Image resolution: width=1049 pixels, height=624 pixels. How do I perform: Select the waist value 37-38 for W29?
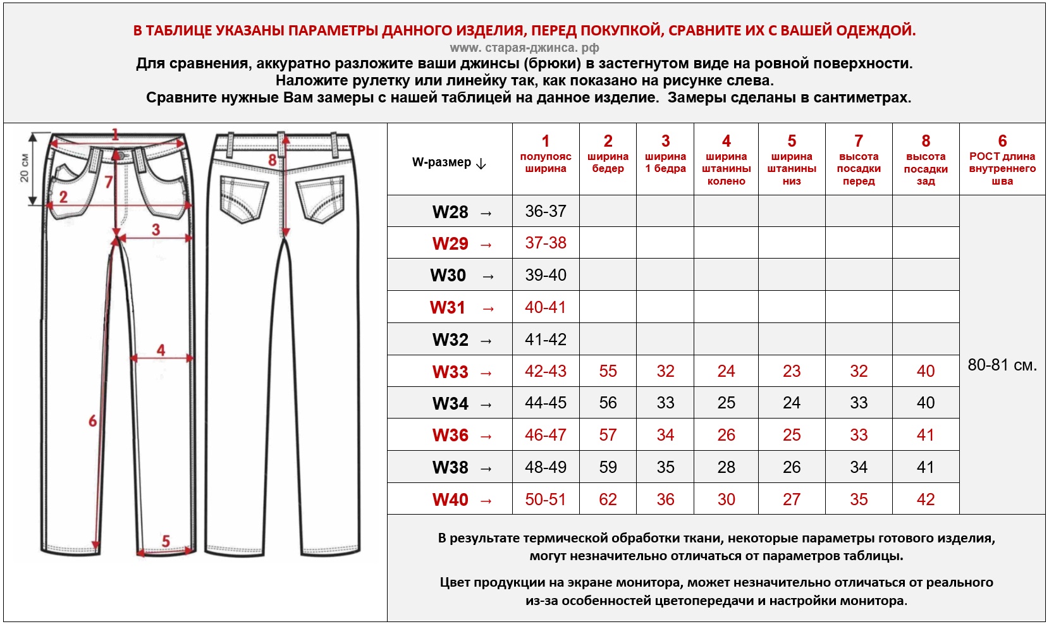pyautogui.click(x=546, y=243)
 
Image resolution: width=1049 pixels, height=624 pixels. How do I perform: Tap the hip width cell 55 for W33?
pyautogui.click(x=608, y=371)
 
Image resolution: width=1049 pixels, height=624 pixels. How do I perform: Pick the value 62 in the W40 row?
pyautogui.click(x=608, y=499)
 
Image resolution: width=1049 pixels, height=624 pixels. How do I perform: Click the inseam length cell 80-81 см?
pyautogui.click(x=1002, y=365)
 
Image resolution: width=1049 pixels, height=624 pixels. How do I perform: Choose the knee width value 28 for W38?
pyautogui.click(x=726, y=467)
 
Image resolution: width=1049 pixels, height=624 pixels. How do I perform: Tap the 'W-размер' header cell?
pyautogui.click(x=449, y=162)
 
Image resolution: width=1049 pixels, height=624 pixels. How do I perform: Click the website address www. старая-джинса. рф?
pyautogui.click(x=524, y=47)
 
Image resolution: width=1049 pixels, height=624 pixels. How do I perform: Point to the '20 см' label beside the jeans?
pyautogui.click(x=24, y=168)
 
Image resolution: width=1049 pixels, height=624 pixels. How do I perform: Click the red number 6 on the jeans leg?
pyautogui.click(x=93, y=420)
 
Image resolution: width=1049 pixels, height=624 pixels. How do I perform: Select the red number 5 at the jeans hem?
pyautogui.click(x=166, y=541)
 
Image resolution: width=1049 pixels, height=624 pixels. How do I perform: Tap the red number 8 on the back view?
pyautogui.click(x=273, y=160)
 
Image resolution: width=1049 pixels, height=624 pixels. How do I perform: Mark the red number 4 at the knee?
pyautogui.click(x=161, y=350)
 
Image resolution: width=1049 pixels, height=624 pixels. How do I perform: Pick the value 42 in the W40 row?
pyautogui.click(x=926, y=499)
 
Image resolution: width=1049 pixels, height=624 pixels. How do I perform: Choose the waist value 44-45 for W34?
pyautogui.click(x=546, y=403)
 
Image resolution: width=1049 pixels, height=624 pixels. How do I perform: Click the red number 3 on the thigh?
pyautogui.click(x=156, y=229)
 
